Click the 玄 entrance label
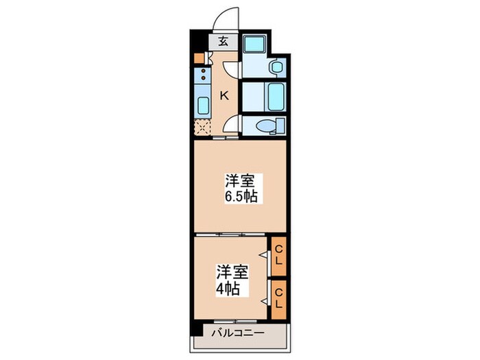(224, 41)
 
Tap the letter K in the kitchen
(224, 95)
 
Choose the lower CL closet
(278, 299)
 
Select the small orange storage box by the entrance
(198, 58)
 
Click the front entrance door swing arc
(225, 19)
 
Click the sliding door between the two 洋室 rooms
(229, 235)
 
